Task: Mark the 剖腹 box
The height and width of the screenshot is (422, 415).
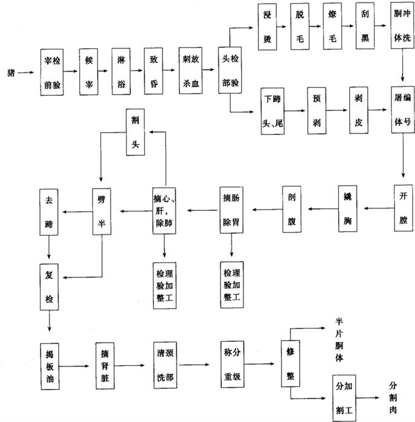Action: [292, 209]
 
